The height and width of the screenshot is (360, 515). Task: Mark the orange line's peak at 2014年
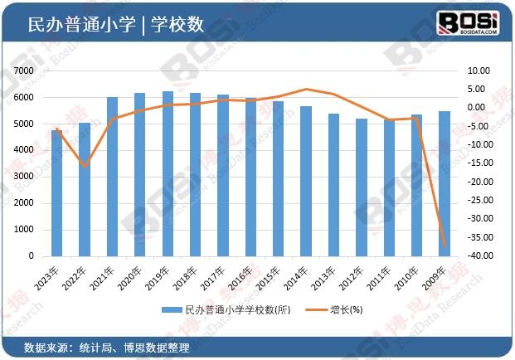[x=306, y=89]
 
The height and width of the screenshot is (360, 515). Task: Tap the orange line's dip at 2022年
[x=85, y=167]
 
